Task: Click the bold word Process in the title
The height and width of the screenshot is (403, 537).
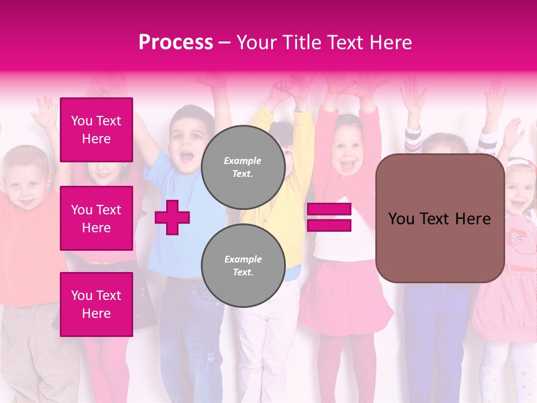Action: [x=176, y=42]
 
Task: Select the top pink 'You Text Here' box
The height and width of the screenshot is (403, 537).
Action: [x=96, y=130]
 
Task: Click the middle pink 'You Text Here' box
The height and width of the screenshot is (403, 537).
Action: [x=96, y=218]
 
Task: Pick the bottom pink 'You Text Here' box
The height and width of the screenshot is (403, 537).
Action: [x=96, y=304]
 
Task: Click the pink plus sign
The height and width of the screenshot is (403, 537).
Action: [x=172, y=217]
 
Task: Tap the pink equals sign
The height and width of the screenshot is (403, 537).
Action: [x=329, y=217]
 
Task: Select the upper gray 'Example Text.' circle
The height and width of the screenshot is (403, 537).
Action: [x=243, y=167]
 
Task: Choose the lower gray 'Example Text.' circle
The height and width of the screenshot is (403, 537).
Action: [x=243, y=266]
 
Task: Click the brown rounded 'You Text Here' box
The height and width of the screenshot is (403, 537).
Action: [x=440, y=218]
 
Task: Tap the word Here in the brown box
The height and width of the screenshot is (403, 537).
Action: [x=472, y=219]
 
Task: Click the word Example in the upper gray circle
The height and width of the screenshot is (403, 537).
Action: [x=242, y=161]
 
